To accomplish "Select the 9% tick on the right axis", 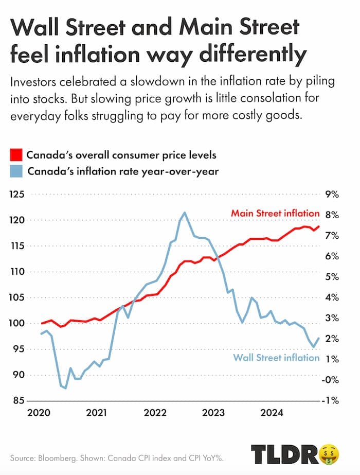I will click(x=332, y=195).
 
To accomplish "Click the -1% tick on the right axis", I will click(x=332, y=400).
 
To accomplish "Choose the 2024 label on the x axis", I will click(x=271, y=412).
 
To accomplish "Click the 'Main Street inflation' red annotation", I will click(x=275, y=213).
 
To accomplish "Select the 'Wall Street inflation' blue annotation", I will click(x=276, y=358).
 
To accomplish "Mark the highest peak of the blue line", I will click(x=185, y=213).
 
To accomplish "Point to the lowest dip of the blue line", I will click(x=66, y=388).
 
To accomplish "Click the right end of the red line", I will click(x=319, y=226).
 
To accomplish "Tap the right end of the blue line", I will click(x=319, y=338).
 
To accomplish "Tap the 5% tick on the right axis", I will click(x=332, y=277).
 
